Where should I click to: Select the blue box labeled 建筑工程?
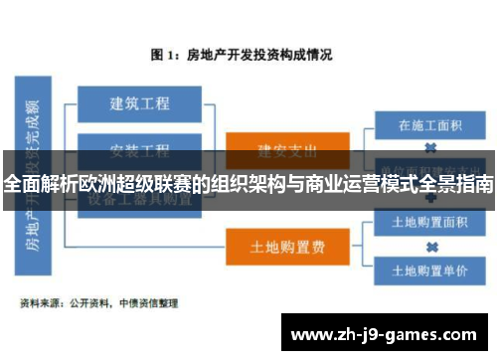[139, 102]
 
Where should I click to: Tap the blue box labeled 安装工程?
[139, 150]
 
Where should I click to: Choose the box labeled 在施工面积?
[431, 126]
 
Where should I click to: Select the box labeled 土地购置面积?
[431, 222]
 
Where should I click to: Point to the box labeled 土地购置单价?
[431, 270]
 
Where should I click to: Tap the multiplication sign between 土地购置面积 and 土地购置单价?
[431, 246]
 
